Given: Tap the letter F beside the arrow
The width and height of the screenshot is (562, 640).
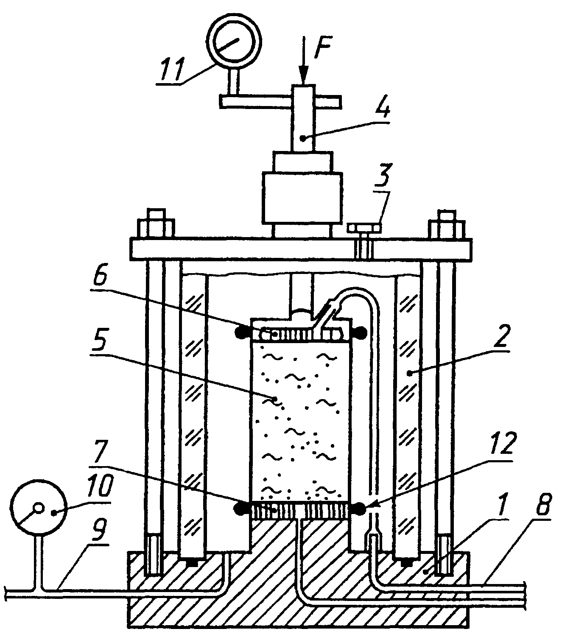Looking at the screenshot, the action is (322, 49).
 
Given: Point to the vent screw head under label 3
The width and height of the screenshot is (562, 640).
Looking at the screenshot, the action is (364, 227).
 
